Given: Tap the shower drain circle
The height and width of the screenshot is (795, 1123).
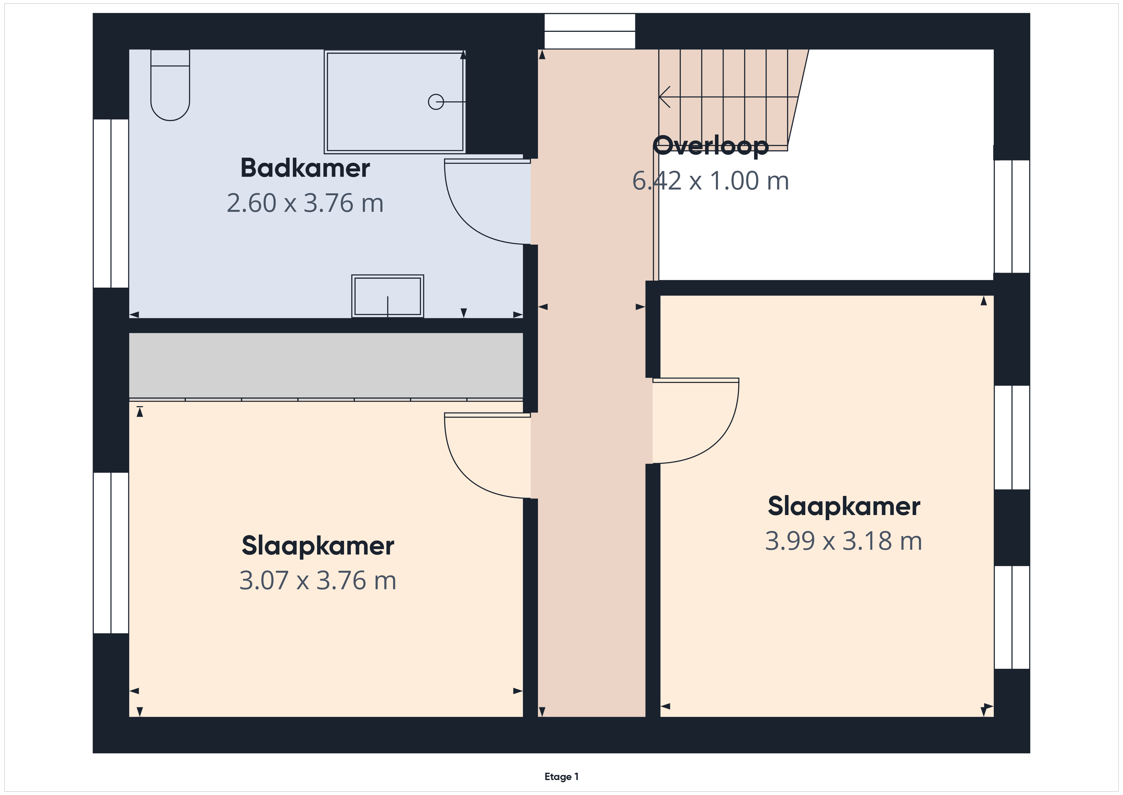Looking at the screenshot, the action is click(x=436, y=102).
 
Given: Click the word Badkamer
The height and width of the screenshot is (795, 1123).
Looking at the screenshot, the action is click(x=305, y=168).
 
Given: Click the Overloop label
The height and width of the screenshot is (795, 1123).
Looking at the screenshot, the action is click(x=711, y=146).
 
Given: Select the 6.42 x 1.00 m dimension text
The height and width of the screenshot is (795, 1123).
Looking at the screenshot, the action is click(x=711, y=181).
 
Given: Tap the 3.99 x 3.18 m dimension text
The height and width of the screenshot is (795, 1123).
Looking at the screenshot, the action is click(x=844, y=541).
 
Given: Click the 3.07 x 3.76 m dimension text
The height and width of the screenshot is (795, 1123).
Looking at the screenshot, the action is click(x=318, y=581).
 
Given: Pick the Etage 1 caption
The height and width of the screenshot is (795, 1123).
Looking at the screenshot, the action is click(x=561, y=777).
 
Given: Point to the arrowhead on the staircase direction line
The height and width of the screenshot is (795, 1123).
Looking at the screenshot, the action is click(x=664, y=97).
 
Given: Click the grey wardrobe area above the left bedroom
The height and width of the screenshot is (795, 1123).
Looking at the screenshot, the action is click(x=326, y=366).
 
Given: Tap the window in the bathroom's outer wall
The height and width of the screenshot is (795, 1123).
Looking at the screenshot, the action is click(x=111, y=203).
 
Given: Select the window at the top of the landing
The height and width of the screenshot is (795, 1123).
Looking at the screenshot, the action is click(x=590, y=31).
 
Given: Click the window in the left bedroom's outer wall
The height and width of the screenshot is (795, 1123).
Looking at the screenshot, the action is click(x=111, y=553).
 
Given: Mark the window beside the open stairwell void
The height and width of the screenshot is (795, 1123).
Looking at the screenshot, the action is click(x=1012, y=216).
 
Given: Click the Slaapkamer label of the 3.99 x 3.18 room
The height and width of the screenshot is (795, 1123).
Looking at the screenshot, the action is click(x=844, y=506).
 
